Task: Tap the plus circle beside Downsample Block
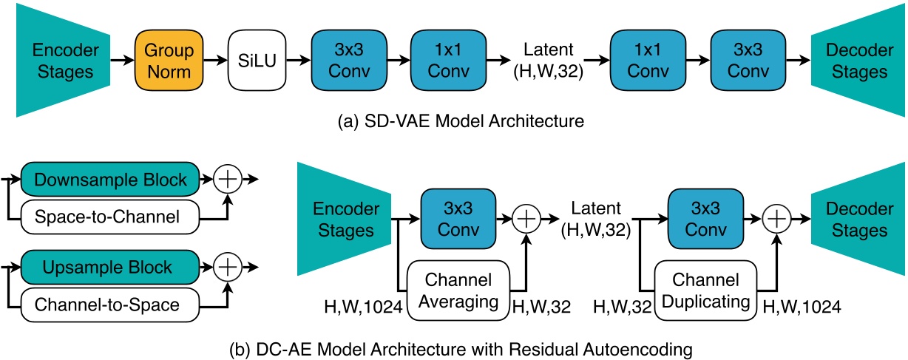tap(229, 180)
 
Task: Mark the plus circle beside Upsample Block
tap(229, 268)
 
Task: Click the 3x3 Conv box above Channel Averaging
tap(457, 219)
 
